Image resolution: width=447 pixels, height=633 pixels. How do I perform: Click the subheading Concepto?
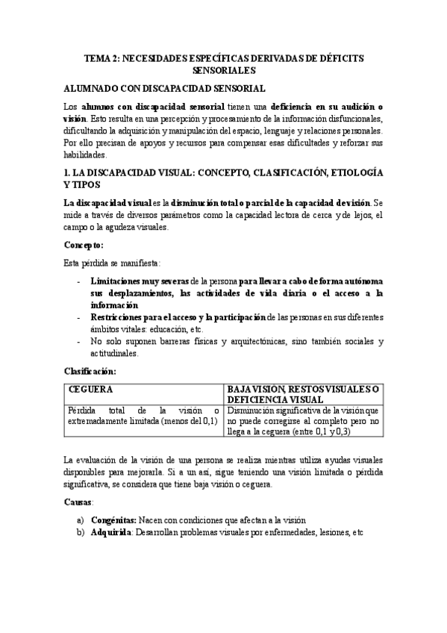coord(83,244)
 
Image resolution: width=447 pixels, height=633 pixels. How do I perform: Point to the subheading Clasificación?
coord(90,370)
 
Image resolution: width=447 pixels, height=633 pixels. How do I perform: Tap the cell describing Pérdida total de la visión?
coord(143,415)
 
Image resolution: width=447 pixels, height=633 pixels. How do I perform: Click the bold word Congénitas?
coord(113,520)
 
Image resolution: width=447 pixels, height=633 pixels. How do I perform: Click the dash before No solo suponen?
coord(80,342)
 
